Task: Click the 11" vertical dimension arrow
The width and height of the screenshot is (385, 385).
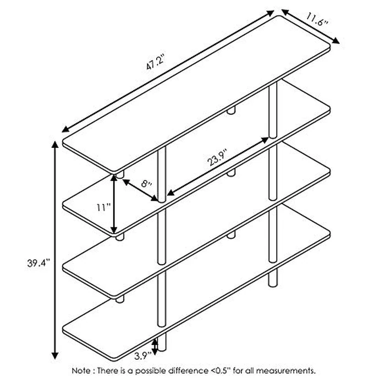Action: click(114, 205)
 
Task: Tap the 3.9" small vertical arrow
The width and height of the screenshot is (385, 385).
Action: click(156, 345)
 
